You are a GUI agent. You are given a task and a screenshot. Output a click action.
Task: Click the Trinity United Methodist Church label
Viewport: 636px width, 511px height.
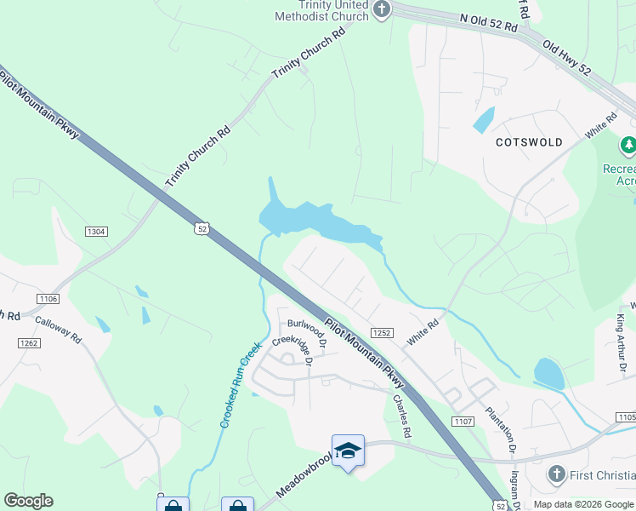321,10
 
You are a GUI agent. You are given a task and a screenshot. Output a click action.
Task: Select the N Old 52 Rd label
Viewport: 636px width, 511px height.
488,22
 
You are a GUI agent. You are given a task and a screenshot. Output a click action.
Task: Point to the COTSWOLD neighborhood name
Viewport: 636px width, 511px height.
530,142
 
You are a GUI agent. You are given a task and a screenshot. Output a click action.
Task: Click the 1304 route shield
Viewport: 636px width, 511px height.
96,231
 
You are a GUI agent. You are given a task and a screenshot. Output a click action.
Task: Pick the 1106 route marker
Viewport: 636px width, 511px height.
48,298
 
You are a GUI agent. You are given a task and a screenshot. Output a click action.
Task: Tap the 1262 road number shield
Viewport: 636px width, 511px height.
29,342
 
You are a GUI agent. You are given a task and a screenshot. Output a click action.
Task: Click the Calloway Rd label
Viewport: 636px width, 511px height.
58,330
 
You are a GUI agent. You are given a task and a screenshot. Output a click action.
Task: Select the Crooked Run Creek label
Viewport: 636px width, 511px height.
240,384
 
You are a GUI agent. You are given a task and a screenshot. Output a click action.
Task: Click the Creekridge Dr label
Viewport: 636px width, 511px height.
292,350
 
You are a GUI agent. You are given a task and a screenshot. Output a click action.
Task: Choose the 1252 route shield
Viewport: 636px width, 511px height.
381,333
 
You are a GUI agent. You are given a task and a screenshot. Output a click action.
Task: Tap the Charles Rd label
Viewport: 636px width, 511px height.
402,415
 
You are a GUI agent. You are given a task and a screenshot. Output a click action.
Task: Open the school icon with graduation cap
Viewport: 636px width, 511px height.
348,451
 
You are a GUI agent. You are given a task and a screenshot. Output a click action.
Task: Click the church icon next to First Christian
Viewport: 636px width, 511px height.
556,474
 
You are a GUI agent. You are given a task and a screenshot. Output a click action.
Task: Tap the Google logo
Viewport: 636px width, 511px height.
28,501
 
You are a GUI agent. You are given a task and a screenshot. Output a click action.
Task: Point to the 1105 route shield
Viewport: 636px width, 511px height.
625,417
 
